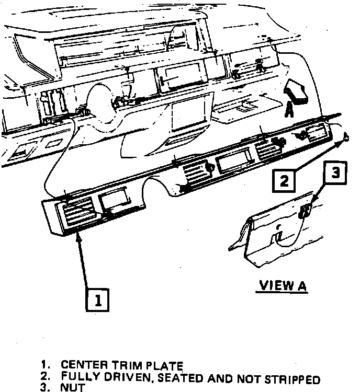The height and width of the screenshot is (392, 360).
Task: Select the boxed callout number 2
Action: (284, 180)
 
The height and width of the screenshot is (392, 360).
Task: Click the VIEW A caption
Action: (283, 286)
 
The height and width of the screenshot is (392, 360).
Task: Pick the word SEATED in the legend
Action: (181, 377)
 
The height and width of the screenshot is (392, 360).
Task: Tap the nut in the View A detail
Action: (306, 212)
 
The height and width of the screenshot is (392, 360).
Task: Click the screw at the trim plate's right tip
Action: (346, 137)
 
